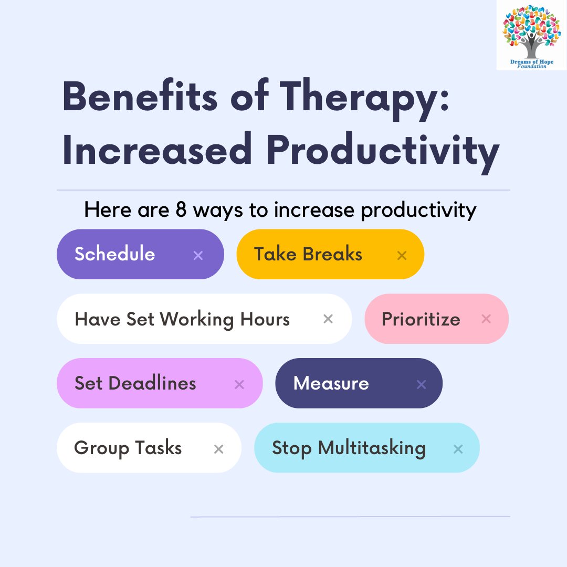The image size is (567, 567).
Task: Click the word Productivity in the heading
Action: point(383,151)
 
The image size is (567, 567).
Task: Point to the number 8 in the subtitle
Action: point(180,210)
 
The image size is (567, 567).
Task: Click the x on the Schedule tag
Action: point(198,256)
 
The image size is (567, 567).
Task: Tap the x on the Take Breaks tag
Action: point(402,256)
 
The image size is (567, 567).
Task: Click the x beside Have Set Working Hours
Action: point(328,319)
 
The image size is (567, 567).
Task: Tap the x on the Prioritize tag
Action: point(486,319)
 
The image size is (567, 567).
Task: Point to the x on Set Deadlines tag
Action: point(239,385)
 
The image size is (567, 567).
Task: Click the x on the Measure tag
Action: point(421,385)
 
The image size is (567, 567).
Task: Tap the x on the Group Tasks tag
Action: point(218,449)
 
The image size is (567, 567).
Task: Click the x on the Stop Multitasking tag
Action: point(458,449)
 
